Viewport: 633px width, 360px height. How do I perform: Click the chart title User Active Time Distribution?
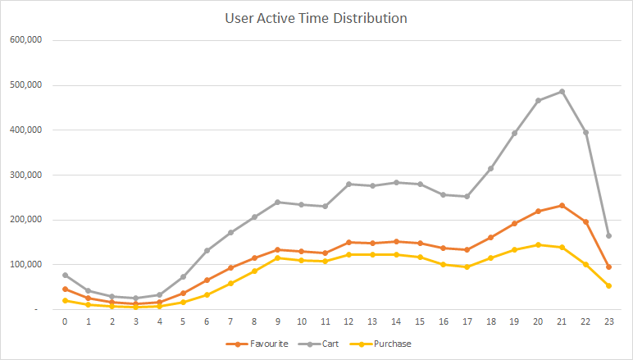(316, 17)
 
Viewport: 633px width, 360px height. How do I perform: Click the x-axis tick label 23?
(608, 322)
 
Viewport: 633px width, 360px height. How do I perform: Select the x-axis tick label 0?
(65, 322)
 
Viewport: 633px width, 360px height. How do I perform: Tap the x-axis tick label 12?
(348, 322)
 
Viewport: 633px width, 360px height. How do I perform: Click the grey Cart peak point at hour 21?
(562, 91)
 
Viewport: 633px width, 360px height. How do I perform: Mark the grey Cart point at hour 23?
(608, 235)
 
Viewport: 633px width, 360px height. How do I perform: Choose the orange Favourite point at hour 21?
(562, 205)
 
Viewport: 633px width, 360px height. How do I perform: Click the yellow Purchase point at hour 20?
(538, 244)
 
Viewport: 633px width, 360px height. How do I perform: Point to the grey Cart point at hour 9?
(277, 202)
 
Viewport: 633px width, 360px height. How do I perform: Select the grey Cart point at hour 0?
(65, 276)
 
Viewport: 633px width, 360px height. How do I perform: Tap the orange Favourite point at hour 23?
(608, 267)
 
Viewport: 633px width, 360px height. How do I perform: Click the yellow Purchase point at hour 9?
(277, 257)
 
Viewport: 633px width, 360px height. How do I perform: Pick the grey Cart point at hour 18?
(490, 168)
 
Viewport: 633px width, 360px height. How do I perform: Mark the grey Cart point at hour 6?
(207, 250)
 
